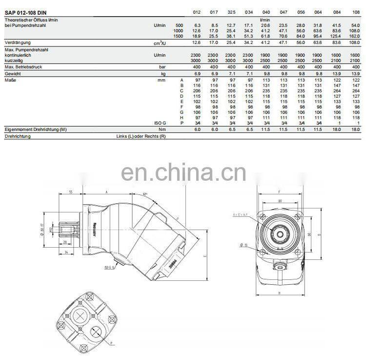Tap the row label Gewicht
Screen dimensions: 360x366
coord(13,72)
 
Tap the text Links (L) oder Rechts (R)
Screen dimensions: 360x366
coord(142,136)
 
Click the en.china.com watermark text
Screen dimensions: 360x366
coord(183,172)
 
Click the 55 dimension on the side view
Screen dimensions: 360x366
coord(71,192)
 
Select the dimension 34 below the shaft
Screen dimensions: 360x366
coord(65,252)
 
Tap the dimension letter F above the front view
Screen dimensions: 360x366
coord(279,192)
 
